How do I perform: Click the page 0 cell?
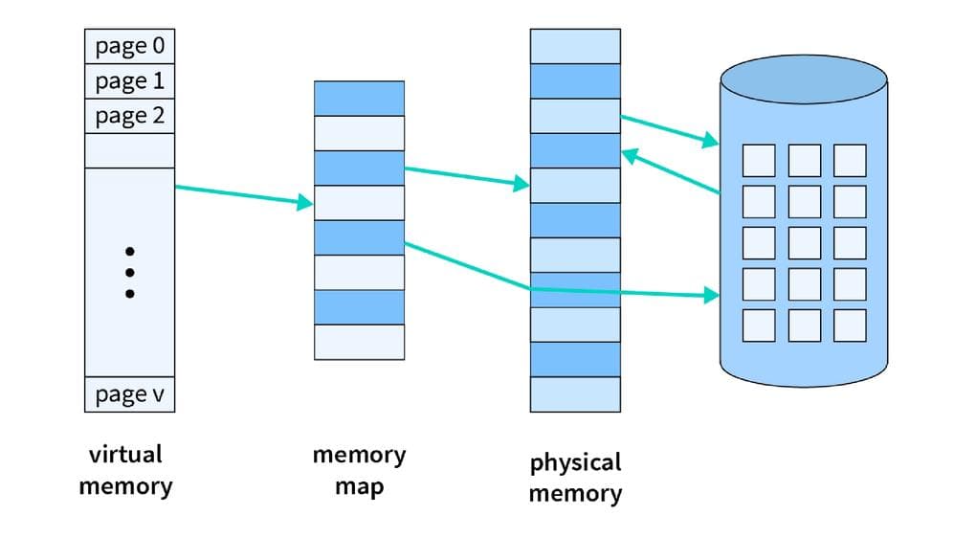[129, 46]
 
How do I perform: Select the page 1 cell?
[129, 81]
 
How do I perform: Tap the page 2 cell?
[129, 117]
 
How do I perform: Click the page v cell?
[129, 393]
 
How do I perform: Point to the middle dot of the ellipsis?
[130, 273]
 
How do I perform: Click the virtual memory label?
[125, 469]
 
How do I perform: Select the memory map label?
[359, 470]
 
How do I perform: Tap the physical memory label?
[575, 478]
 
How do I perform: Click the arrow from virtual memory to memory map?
[244, 195]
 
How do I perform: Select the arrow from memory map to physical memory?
[467, 177]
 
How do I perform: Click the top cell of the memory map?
[359, 99]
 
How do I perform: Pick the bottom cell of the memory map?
[359, 342]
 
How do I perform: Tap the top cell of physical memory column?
[575, 46]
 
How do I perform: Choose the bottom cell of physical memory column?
[575, 394]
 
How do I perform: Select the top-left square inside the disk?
[759, 160]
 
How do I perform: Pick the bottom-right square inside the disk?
[850, 325]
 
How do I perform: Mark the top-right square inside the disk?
[850, 160]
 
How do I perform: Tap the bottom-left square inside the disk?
[759, 325]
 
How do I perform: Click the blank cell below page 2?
[129, 150]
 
